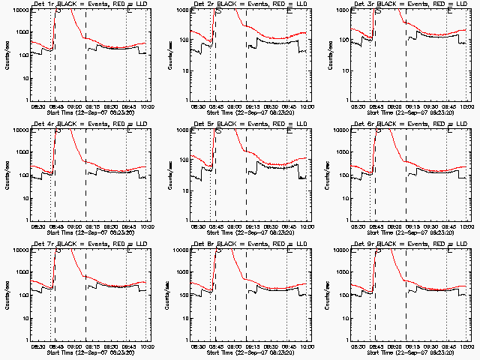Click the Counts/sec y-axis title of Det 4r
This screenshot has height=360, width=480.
(8, 175)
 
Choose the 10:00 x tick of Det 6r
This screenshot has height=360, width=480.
(466, 226)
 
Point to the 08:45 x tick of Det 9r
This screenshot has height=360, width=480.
(375, 346)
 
